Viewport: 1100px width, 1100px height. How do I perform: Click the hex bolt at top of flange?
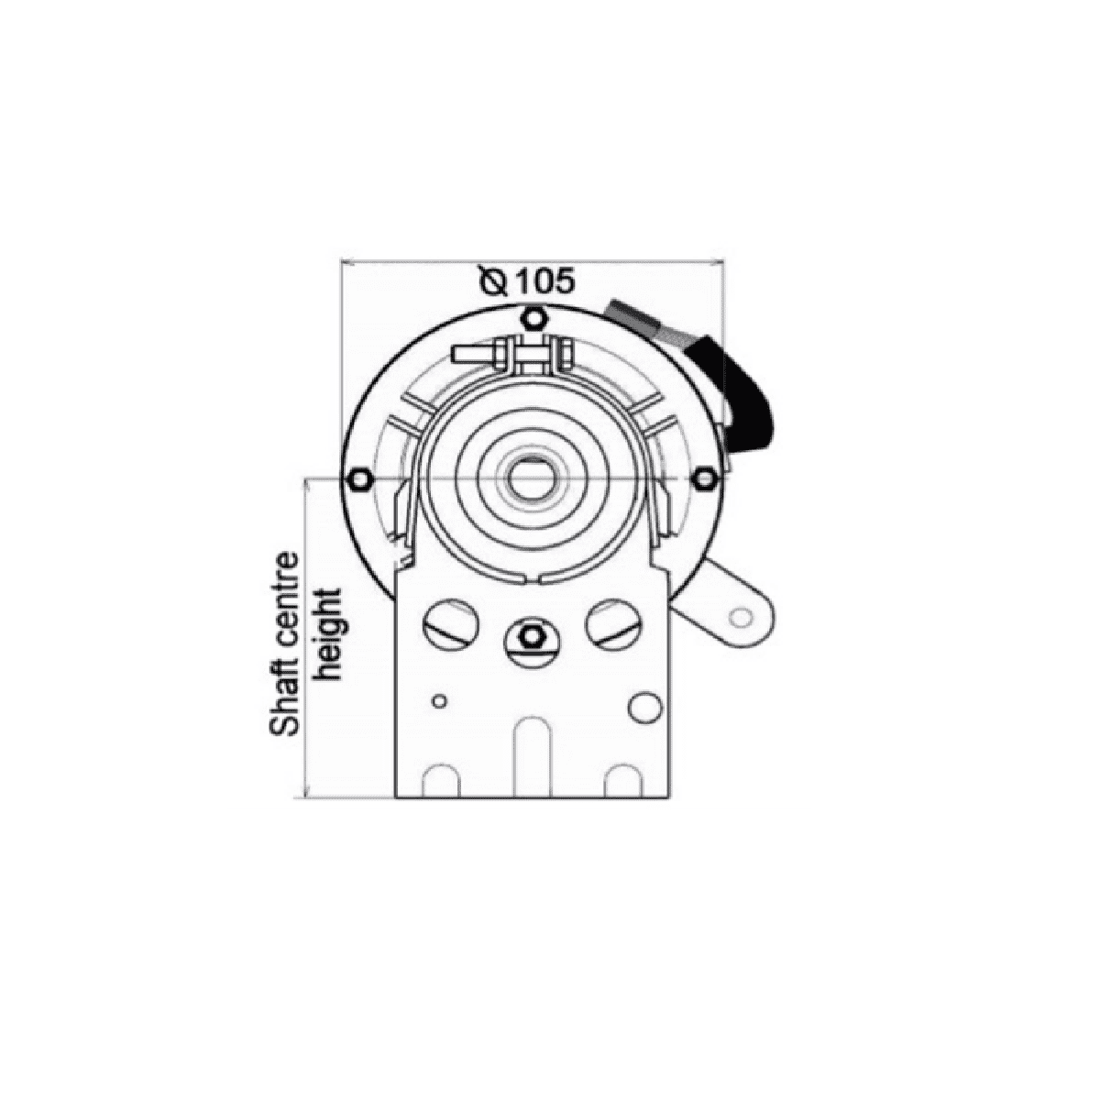pos(533,317)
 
